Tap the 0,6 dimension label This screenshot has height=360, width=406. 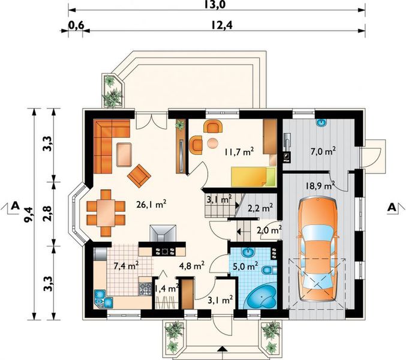pos(76,25)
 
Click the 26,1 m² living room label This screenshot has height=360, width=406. pos(151,204)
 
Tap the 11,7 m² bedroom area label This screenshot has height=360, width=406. pos(239,151)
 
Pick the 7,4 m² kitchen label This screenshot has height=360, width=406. pos(126,265)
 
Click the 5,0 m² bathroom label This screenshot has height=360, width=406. pos(245,265)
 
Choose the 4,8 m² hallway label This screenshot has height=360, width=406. pos(192,265)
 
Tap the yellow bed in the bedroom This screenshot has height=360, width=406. pos(253,176)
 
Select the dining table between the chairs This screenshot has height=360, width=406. pos(106,213)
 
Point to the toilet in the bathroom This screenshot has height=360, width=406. pos(269,270)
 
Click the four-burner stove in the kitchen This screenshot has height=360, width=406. pos(146,289)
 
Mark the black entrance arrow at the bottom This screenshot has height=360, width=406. pos(222,349)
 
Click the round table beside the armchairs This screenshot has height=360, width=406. pos(213,143)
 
